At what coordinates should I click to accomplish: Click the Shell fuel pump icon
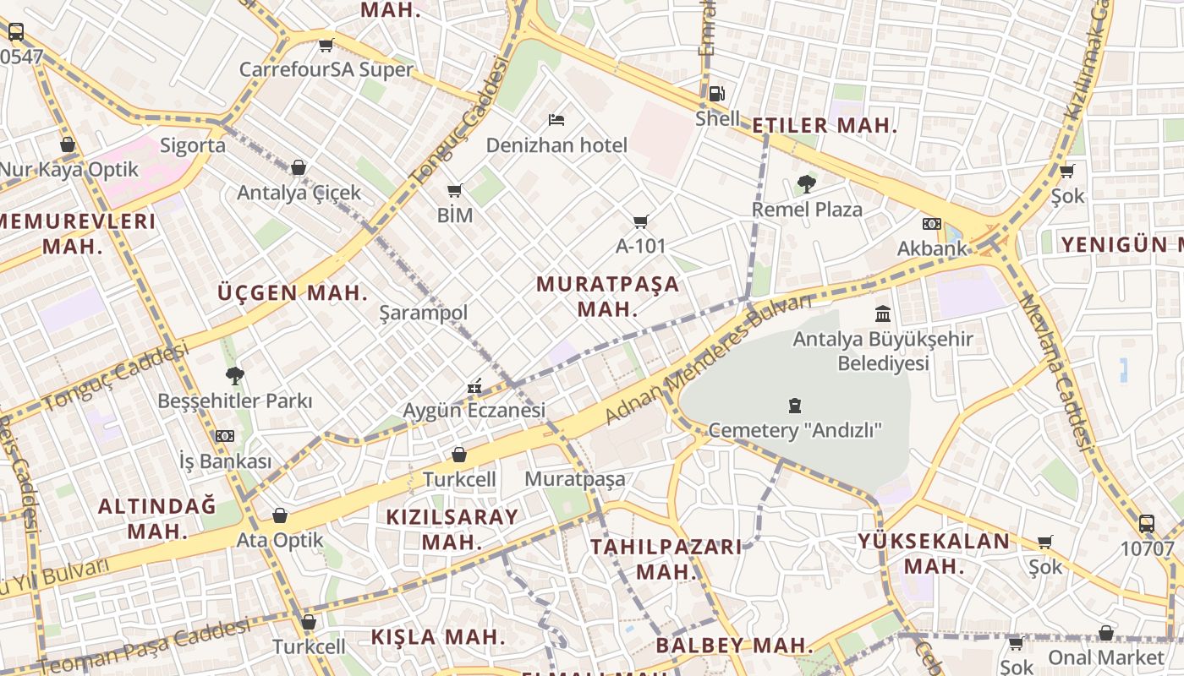pyautogui.click(x=716, y=93)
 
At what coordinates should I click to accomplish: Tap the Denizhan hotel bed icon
pyautogui.click(x=556, y=120)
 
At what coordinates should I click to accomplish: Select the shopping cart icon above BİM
pyautogui.click(x=455, y=190)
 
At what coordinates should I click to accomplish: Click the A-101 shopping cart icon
pyautogui.click(x=641, y=221)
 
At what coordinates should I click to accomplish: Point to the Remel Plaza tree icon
pyautogui.click(x=807, y=183)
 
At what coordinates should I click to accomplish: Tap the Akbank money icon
pyautogui.click(x=931, y=224)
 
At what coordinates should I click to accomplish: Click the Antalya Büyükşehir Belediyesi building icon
pyautogui.click(x=883, y=314)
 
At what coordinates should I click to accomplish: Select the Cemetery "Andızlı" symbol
pyautogui.click(x=794, y=406)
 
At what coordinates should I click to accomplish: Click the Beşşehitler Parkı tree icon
pyautogui.click(x=235, y=375)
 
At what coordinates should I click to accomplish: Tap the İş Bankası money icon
pyautogui.click(x=224, y=436)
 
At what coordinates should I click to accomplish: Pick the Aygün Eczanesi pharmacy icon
pyautogui.click(x=474, y=386)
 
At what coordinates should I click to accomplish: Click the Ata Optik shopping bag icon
pyautogui.click(x=280, y=515)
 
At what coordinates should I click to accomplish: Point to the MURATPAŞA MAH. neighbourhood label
pyautogui.click(x=607, y=296)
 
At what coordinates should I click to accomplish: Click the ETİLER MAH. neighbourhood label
pyautogui.click(x=824, y=126)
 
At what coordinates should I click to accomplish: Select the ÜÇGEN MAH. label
pyautogui.click(x=293, y=293)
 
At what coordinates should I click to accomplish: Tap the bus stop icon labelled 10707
pyautogui.click(x=1147, y=523)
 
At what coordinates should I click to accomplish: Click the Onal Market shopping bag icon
pyautogui.click(x=1105, y=633)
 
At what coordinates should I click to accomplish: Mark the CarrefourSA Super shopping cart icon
pyautogui.click(x=326, y=45)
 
